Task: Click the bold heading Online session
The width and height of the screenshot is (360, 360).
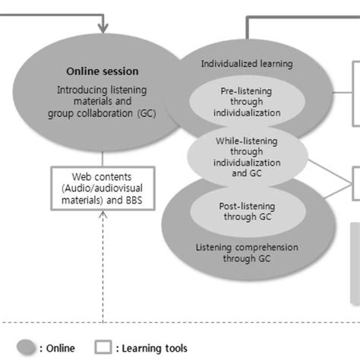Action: point(103,72)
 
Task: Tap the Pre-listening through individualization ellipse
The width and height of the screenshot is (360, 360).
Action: point(241,102)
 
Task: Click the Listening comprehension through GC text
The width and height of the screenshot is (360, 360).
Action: point(247,253)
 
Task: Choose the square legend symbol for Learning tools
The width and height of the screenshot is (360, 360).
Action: point(103,347)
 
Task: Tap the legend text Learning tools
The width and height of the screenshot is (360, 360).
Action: point(153,348)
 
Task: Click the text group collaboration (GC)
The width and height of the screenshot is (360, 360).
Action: point(103,115)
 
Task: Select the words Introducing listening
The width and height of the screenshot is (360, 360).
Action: point(103,90)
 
